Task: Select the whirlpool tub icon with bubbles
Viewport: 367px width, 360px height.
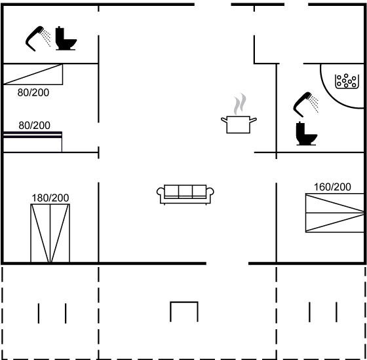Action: [347, 81]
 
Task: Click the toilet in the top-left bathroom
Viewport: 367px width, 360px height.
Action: [66, 39]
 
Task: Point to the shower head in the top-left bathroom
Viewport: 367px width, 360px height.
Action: [38, 39]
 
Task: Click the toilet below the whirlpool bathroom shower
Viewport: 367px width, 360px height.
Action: [306, 134]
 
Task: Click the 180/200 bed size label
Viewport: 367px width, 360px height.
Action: [50, 198]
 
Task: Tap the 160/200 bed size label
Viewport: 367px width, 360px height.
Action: [332, 187]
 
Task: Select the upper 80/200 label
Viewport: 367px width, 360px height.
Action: [33, 92]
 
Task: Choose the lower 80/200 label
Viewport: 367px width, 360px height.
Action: [34, 126]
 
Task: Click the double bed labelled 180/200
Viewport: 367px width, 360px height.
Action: [50, 233]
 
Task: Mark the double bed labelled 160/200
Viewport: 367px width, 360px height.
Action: [335, 213]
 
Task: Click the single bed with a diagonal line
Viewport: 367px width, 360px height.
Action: [33, 75]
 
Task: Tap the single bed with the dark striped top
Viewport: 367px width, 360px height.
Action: [33, 142]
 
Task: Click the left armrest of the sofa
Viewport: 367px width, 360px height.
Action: [160, 195]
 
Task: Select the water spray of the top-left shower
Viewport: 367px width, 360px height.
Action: [46, 38]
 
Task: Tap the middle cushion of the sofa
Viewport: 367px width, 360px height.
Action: [185, 192]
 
